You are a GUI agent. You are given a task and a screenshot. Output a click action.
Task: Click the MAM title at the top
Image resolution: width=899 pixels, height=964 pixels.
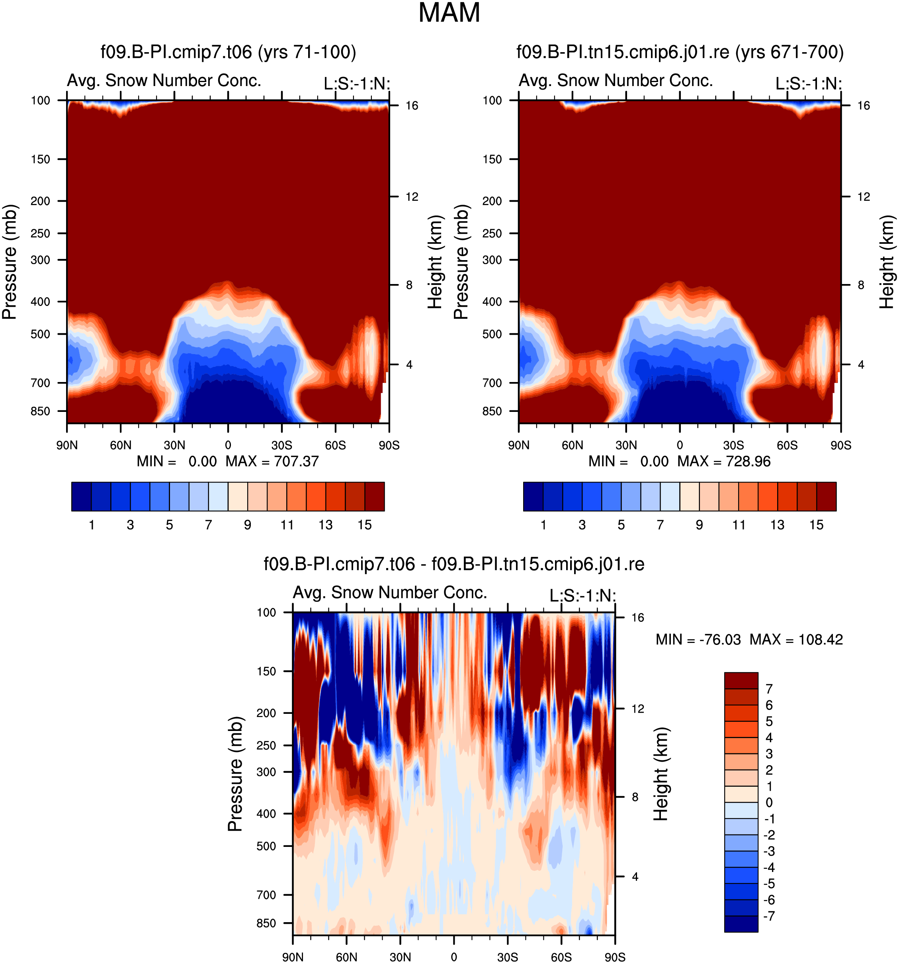[449, 13]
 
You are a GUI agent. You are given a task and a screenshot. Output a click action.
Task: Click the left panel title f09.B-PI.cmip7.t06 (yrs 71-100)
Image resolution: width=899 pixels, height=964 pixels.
[228, 52]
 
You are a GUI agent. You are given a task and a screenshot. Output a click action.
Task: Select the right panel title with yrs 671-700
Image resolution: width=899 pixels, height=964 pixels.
[680, 52]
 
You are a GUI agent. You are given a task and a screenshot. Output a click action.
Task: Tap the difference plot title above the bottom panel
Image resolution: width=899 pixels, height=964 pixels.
[453, 564]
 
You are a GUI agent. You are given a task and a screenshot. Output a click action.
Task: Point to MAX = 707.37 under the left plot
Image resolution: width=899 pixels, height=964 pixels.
[272, 461]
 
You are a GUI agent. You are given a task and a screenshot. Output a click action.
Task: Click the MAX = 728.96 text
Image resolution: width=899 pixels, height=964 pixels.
[724, 461]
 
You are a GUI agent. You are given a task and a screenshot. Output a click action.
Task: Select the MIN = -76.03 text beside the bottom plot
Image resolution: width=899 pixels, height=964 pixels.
[698, 640]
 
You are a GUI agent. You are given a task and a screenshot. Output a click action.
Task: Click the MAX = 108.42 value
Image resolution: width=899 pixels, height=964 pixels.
[796, 640]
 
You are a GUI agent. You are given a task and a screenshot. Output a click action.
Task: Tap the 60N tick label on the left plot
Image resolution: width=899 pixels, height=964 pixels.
[121, 445]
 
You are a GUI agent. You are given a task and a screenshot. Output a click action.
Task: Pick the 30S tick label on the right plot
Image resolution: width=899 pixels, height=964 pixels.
[734, 445]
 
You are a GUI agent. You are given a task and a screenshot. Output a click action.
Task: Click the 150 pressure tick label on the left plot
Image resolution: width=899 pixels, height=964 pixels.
[40, 159]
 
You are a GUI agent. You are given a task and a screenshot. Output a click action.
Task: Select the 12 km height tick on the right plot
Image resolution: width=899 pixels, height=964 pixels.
[864, 196]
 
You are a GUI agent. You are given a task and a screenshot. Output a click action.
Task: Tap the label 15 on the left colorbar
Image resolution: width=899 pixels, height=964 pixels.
[364, 525]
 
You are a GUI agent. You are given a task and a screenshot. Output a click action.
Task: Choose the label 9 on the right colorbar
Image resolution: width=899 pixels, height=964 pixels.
[699, 525]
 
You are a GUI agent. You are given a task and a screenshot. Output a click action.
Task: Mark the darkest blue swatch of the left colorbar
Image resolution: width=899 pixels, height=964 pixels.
[81, 497]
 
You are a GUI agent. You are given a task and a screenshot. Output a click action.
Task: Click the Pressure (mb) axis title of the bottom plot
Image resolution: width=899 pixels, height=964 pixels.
[235, 774]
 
